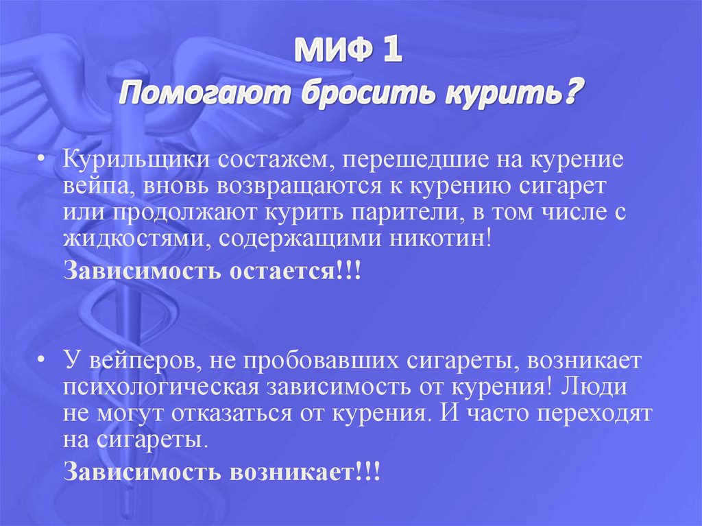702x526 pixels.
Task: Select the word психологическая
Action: tap(160, 386)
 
